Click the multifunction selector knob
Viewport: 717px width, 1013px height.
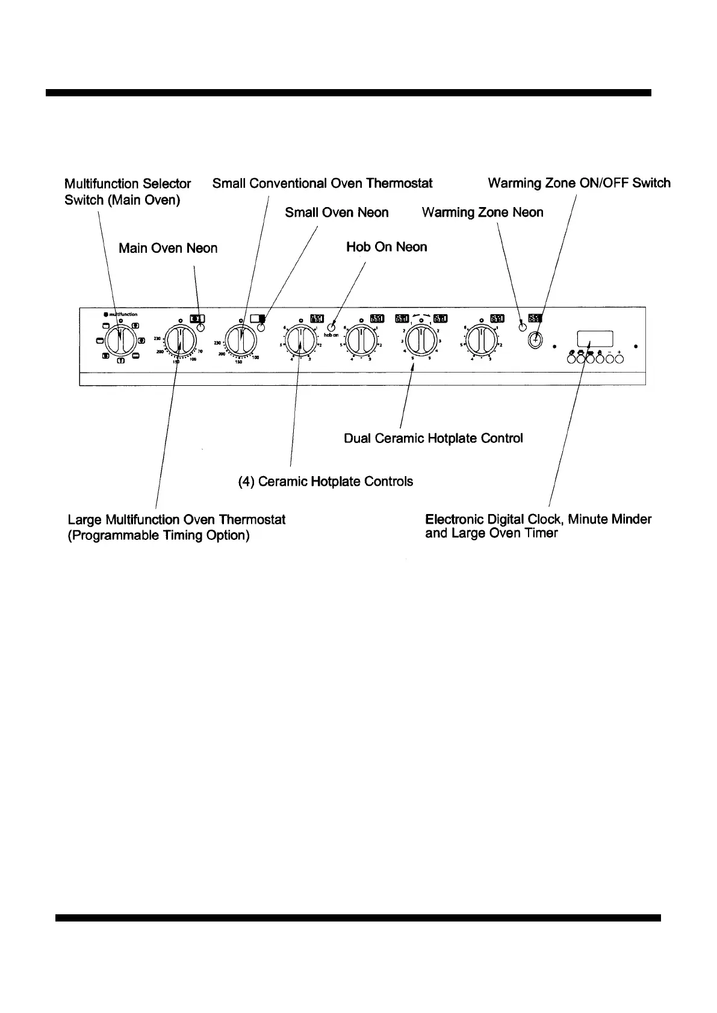click(x=120, y=341)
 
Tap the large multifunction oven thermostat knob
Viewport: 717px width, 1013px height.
click(x=178, y=341)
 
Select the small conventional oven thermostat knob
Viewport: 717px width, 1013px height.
click(x=240, y=341)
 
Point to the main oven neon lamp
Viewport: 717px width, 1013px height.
click(x=200, y=328)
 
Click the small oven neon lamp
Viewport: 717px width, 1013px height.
click(x=261, y=327)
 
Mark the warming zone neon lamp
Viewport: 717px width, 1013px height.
click(x=523, y=327)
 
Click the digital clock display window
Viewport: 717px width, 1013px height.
click(x=595, y=338)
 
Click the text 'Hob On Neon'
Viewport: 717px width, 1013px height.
click(x=386, y=247)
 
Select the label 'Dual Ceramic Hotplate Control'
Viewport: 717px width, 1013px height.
click(x=433, y=438)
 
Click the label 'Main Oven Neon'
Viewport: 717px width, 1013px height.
click(x=168, y=248)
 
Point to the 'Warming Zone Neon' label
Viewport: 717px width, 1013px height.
click(x=482, y=212)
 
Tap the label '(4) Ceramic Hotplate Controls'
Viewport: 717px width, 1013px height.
click(x=326, y=482)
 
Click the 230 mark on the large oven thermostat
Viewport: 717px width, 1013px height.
click(x=157, y=339)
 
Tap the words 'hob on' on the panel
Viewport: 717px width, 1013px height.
click(x=331, y=335)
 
